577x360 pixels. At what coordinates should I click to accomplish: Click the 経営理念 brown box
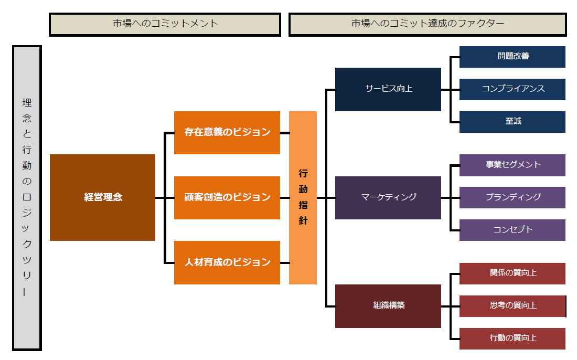[102, 197]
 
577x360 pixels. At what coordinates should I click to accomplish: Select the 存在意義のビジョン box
[227, 132]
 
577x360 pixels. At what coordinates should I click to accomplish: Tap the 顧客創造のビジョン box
[227, 197]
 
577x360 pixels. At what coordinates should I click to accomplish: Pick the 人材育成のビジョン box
[227, 262]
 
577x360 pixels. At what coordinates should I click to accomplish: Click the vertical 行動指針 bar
[303, 197]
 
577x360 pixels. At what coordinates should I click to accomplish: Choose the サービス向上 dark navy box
[388, 89]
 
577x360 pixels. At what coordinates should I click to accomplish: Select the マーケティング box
[388, 197]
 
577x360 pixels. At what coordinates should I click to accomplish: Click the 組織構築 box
[388, 305]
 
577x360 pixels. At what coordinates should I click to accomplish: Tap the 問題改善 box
[512, 57]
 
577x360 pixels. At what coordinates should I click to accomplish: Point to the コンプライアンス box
[512, 89]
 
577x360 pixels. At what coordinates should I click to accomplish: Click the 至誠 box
[512, 122]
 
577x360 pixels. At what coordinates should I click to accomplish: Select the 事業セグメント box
[512, 165]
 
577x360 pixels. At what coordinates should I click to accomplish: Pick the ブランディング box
[512, 197]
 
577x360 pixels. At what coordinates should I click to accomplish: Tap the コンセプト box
[512, 230]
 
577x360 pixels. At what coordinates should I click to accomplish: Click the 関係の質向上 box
[512, 273]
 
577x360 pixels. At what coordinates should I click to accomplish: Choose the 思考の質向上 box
[512, 306]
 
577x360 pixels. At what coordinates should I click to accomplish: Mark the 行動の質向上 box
[512, 338]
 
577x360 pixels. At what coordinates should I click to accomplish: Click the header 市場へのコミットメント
[165, 24]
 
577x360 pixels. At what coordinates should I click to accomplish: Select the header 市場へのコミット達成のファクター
[428, 24]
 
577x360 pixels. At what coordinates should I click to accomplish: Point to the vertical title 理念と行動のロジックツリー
[27, 197]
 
